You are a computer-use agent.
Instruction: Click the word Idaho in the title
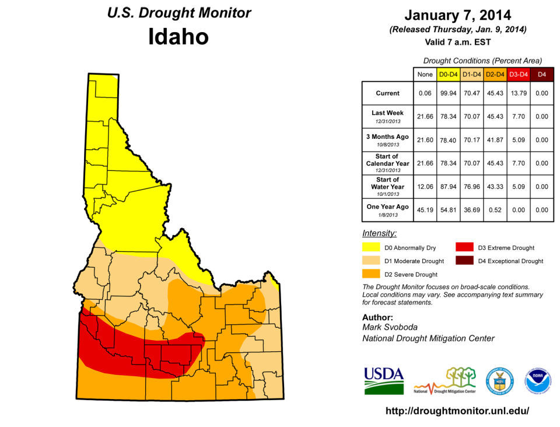pos(178,37)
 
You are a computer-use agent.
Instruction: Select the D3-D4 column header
pos(518,74)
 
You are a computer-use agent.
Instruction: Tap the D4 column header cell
pos(542,74)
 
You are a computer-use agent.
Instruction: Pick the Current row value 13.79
pos(518,93)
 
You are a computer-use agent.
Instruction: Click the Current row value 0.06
pos(424,93)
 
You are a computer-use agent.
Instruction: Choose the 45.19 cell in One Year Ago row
pos(424,210)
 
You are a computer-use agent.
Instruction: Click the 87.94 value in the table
pos(448,187)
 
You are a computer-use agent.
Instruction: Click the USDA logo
pos(384,380)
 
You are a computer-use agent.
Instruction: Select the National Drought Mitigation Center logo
pos(444,381)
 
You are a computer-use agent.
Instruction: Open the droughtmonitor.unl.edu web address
pos(457,411)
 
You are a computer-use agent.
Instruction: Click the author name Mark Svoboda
pos(390,328)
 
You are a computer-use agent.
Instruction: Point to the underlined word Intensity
pos(379,233)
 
